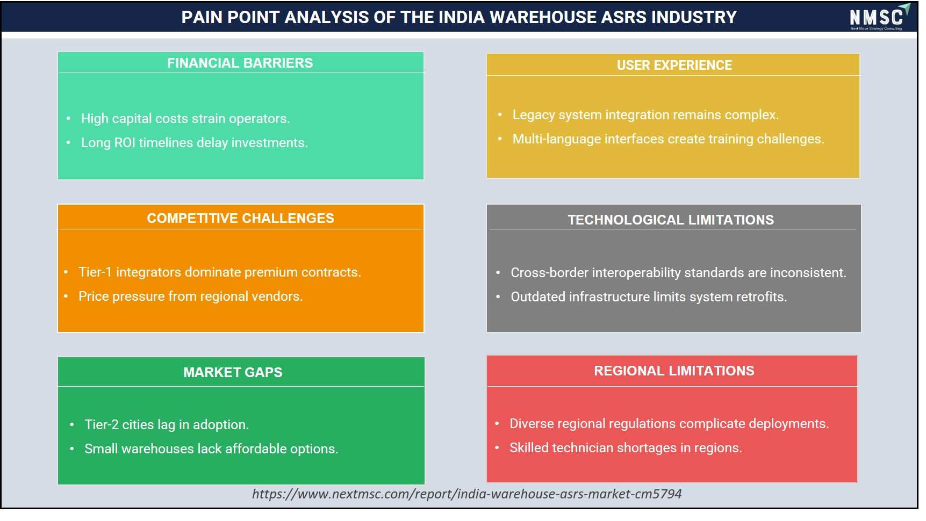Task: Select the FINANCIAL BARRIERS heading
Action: point(240,63)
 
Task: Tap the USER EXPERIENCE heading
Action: point(674,65)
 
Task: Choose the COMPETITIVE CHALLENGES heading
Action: point(240,218)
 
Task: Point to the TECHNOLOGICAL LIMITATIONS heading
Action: point(671,220)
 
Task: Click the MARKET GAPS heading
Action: point(233,372)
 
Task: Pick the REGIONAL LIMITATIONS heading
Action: point(674,371)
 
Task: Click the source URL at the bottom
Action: point(466,494)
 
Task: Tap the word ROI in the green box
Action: point(125,143)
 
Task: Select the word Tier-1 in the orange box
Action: point(95,272)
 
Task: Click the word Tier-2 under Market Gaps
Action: point(102,425)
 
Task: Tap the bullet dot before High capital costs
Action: point(68,118)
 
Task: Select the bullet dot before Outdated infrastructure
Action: point(498,296)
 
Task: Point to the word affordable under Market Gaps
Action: point(256,449)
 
